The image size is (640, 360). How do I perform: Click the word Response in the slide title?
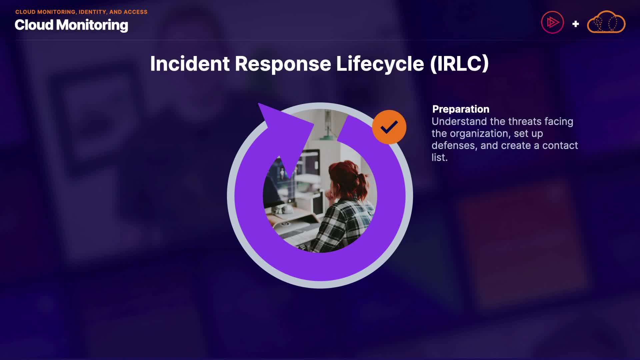[x=283, y=64]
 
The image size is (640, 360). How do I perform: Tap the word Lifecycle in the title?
[x=380, y=64]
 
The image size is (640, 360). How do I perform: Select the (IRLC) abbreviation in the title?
[x=459, y=64]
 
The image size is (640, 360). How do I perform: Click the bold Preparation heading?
[x=461, y=109]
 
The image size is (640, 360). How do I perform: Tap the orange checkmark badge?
[x=389, y=127]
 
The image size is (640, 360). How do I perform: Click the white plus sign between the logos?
[x=575, y=24]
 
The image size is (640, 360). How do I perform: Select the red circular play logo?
[x=552, y=22]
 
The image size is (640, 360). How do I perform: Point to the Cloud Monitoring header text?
[x=71, y=25]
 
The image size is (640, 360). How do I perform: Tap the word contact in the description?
[x=560, y=146]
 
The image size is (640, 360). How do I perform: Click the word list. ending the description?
[x=440, y=157]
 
